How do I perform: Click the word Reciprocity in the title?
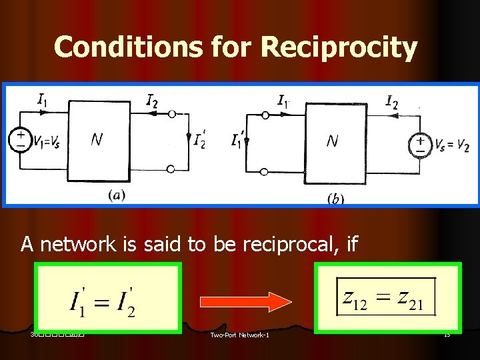coord(339,47)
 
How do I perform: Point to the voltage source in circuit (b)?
coord(420,144)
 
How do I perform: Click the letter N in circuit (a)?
coord(97,140)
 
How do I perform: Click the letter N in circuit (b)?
coord(332,141)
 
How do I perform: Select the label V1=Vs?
coord(47,143)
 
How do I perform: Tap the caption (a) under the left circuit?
coord(115,195)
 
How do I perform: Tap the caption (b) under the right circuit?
coord(335,199)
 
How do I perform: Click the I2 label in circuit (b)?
coord(393,101)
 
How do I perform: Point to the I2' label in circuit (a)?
coord(199,141)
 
